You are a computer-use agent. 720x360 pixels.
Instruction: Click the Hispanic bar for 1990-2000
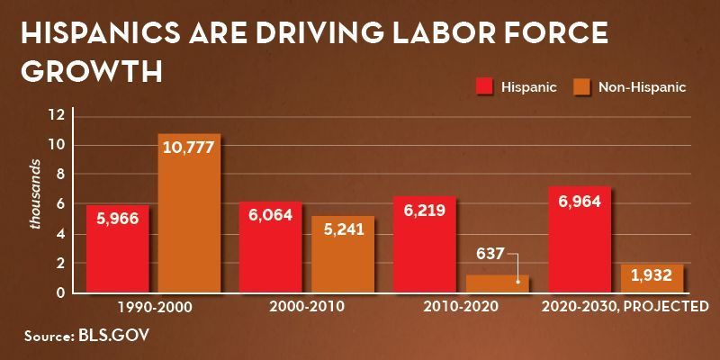(117, 248)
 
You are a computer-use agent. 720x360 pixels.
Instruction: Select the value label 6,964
(579, 200)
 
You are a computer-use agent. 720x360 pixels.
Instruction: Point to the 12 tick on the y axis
(58, 115)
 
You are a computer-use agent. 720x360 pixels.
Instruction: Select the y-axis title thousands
(36, 194)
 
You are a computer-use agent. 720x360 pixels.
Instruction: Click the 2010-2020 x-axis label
(459, 307)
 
